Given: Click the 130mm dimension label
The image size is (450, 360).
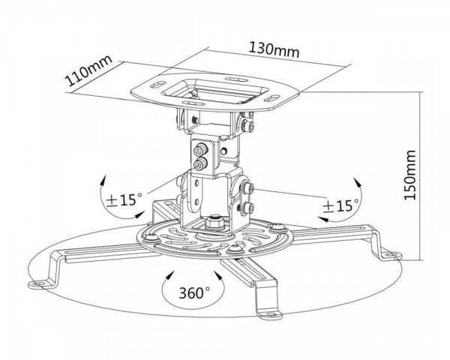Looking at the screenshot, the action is coord(274,50).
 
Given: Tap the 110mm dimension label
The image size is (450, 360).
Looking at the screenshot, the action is coord(88,70).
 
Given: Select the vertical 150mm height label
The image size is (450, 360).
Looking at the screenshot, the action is coord(409,175).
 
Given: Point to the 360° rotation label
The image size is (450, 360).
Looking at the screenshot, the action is coord(194,292).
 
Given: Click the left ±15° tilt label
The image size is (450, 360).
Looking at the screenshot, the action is coord(124,199).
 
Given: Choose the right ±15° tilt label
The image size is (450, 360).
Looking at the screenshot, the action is coord(341,205).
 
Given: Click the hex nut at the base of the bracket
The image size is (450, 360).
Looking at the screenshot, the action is coord(214,222).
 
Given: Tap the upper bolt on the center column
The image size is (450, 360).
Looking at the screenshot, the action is coord(199,150).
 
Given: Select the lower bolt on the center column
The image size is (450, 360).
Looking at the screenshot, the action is coord(199,164).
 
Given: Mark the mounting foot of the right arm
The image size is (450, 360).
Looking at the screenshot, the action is coord(391,255).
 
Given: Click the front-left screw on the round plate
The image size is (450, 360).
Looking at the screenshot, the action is coord(151,238).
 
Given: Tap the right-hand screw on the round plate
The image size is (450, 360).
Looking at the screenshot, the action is coord(277,228).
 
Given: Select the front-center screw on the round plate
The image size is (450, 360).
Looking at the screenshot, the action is coord(236,248).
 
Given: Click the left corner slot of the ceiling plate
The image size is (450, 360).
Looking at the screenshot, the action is coord(157,85).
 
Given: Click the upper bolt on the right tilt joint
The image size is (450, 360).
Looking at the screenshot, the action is coord(247,188).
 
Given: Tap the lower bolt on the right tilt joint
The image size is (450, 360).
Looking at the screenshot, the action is coord(247,208).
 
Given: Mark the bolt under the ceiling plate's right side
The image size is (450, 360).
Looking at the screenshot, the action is coord(248,125).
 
